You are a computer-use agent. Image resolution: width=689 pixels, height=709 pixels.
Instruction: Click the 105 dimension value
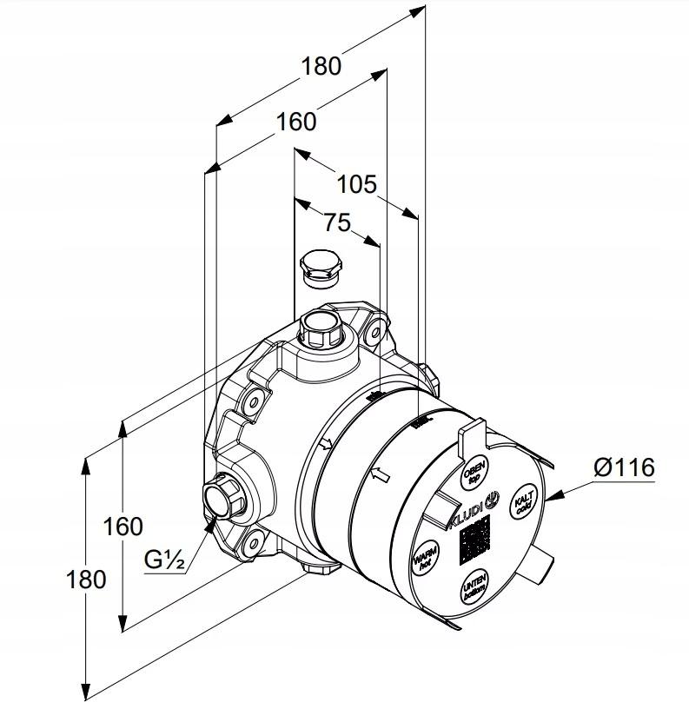tap(357, 184)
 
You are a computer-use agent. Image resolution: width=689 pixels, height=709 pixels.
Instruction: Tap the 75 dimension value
tap(337, 223)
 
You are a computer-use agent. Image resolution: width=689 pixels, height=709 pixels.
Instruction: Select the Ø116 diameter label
tap(624, 467)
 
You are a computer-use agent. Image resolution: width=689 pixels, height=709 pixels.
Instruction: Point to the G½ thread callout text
tap(164, 560)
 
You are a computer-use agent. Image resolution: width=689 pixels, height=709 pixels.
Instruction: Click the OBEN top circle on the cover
tap(474, 469)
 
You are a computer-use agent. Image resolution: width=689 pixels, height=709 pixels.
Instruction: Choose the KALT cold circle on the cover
tap(523, 504)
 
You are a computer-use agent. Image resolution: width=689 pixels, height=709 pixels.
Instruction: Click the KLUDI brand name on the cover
tap(467, 516)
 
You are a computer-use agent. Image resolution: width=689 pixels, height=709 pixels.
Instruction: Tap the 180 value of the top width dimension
tap(321, 65)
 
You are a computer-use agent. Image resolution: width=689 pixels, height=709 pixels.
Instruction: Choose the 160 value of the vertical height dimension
tap(123, 526)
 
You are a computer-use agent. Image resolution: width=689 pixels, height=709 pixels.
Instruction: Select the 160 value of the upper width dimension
tap(296, 122)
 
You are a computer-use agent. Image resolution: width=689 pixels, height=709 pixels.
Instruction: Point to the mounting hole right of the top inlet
tap(375, 331)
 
